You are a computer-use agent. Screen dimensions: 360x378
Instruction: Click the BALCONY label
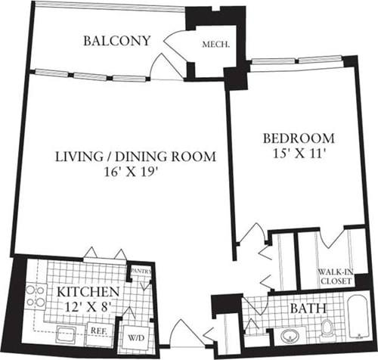coord(117,40)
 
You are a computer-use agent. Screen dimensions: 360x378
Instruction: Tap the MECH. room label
coord(215,44)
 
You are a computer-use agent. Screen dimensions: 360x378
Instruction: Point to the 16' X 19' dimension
coord(135,172)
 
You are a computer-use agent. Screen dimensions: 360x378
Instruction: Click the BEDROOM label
coord(299,138)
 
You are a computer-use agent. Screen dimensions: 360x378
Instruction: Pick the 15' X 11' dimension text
coord(299,154)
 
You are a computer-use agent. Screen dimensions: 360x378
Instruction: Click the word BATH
coord(305,309)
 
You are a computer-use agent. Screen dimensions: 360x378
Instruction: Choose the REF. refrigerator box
coord(99,331)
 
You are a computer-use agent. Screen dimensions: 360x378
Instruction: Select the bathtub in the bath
coord(358,326)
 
